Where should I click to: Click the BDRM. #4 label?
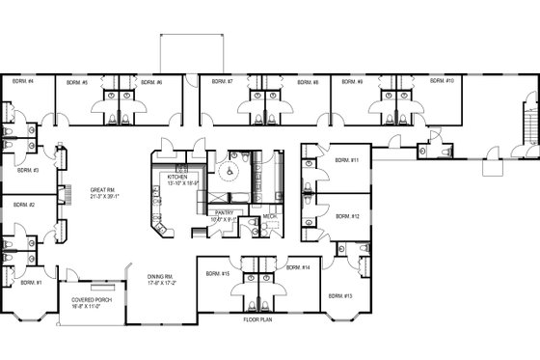pos(23,83)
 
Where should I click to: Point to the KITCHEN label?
pos(177,178)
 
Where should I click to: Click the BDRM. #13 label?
pos(339,294)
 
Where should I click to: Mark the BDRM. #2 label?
pos(25,206)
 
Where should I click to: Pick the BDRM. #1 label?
pos(33,283)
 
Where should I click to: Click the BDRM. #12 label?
pos(348,217)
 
